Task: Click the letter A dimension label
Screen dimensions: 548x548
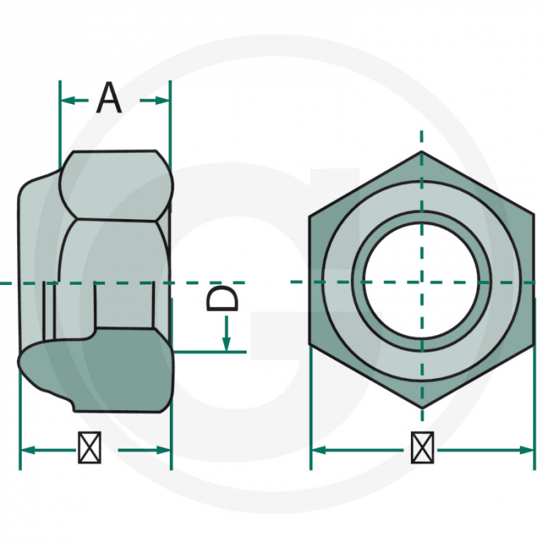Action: point(109,98)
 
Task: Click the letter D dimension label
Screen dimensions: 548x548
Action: point(222,298)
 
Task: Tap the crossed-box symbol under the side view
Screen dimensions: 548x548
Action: point(89,447)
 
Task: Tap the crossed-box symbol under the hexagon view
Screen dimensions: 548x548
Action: point(423,447)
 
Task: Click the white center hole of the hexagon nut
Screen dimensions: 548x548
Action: point(420,282)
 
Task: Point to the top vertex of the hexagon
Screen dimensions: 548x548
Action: point(422,151)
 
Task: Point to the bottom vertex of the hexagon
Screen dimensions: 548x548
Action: point(422,408)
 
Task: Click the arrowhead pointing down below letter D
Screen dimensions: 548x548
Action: point(227,344)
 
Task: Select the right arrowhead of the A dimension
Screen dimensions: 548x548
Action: point(162,101)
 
